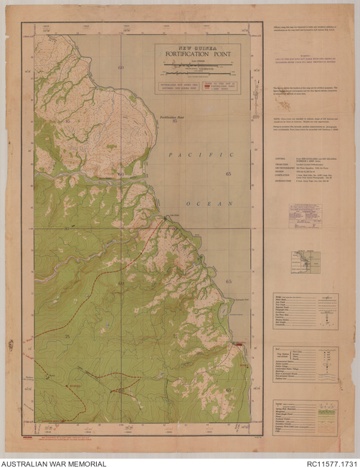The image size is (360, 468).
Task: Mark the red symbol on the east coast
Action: click(x=239, y=345)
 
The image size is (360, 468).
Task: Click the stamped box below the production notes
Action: click(x=305, y=214)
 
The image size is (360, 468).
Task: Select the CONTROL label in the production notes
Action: click(x=281, y=158)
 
